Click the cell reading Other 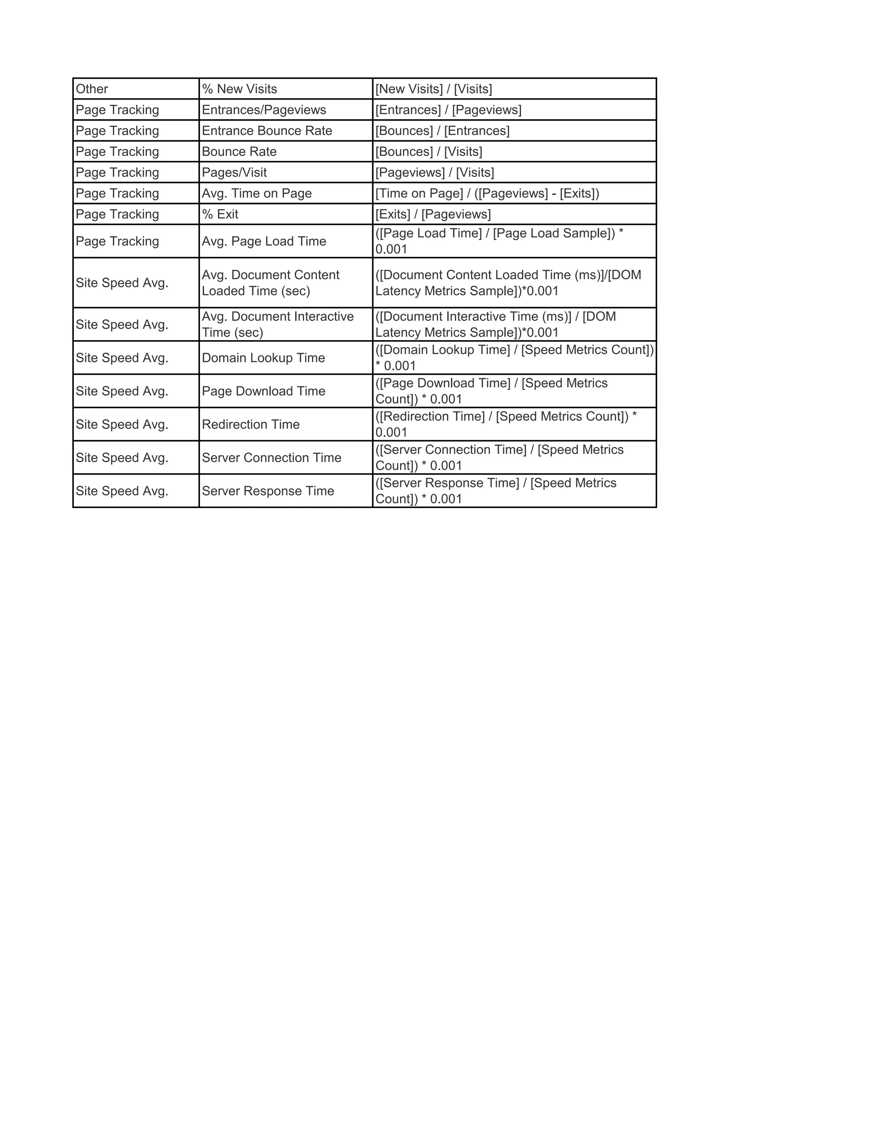tap(92, 89)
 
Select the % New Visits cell tap(239, 89)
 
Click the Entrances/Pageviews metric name tap(264, 110)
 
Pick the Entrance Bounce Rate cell tap(267, 131)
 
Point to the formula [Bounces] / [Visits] tap(429, 152)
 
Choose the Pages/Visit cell tap(234, 173)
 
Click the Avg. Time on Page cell tap(257, 193)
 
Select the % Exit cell tap(220, 214)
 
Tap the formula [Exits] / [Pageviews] tap(433, 214)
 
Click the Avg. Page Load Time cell tap(264, 241)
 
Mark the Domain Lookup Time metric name tap(263, 358)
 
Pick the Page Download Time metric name tap(264, 391)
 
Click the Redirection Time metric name tap(251, 425)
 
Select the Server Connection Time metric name tap(271, 458)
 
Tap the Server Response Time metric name tap(268, 491)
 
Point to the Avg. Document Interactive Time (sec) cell tap(278, 325)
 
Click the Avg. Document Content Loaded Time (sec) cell tap(271, 283)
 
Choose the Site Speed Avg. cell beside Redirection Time tap(122, 425)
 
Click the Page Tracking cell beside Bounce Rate tap(117, 152)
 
